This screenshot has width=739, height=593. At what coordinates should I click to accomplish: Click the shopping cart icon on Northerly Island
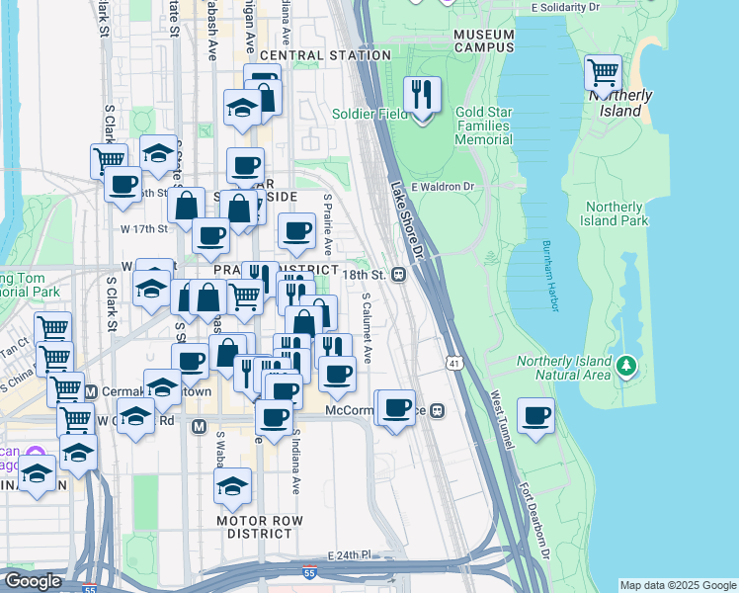coord(602,72)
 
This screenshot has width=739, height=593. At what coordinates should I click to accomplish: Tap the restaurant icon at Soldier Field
coord(422,95)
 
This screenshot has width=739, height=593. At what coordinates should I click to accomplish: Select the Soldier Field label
coord(370,114)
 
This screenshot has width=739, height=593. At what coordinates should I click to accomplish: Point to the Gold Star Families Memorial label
coord(483,126)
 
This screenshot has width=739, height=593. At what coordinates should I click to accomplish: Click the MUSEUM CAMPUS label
coord(483,41)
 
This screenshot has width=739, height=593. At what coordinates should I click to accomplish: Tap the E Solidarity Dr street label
coord(565,7)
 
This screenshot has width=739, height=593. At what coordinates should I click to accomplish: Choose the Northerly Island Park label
coord(616,213)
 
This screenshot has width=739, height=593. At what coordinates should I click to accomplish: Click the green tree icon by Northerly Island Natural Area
coord(624,367)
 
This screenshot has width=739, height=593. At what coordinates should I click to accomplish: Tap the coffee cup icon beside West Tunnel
coord(536,415)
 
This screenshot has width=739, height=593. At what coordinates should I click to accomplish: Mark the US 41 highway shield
coord(453,364)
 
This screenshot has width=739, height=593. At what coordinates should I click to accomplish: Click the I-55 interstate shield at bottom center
coord(310,570)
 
